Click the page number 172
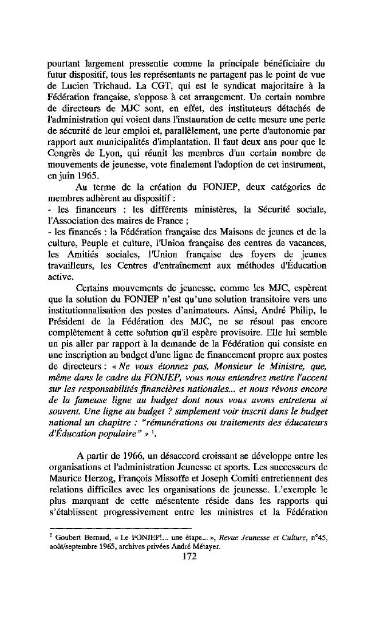click(x=188, y=556)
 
